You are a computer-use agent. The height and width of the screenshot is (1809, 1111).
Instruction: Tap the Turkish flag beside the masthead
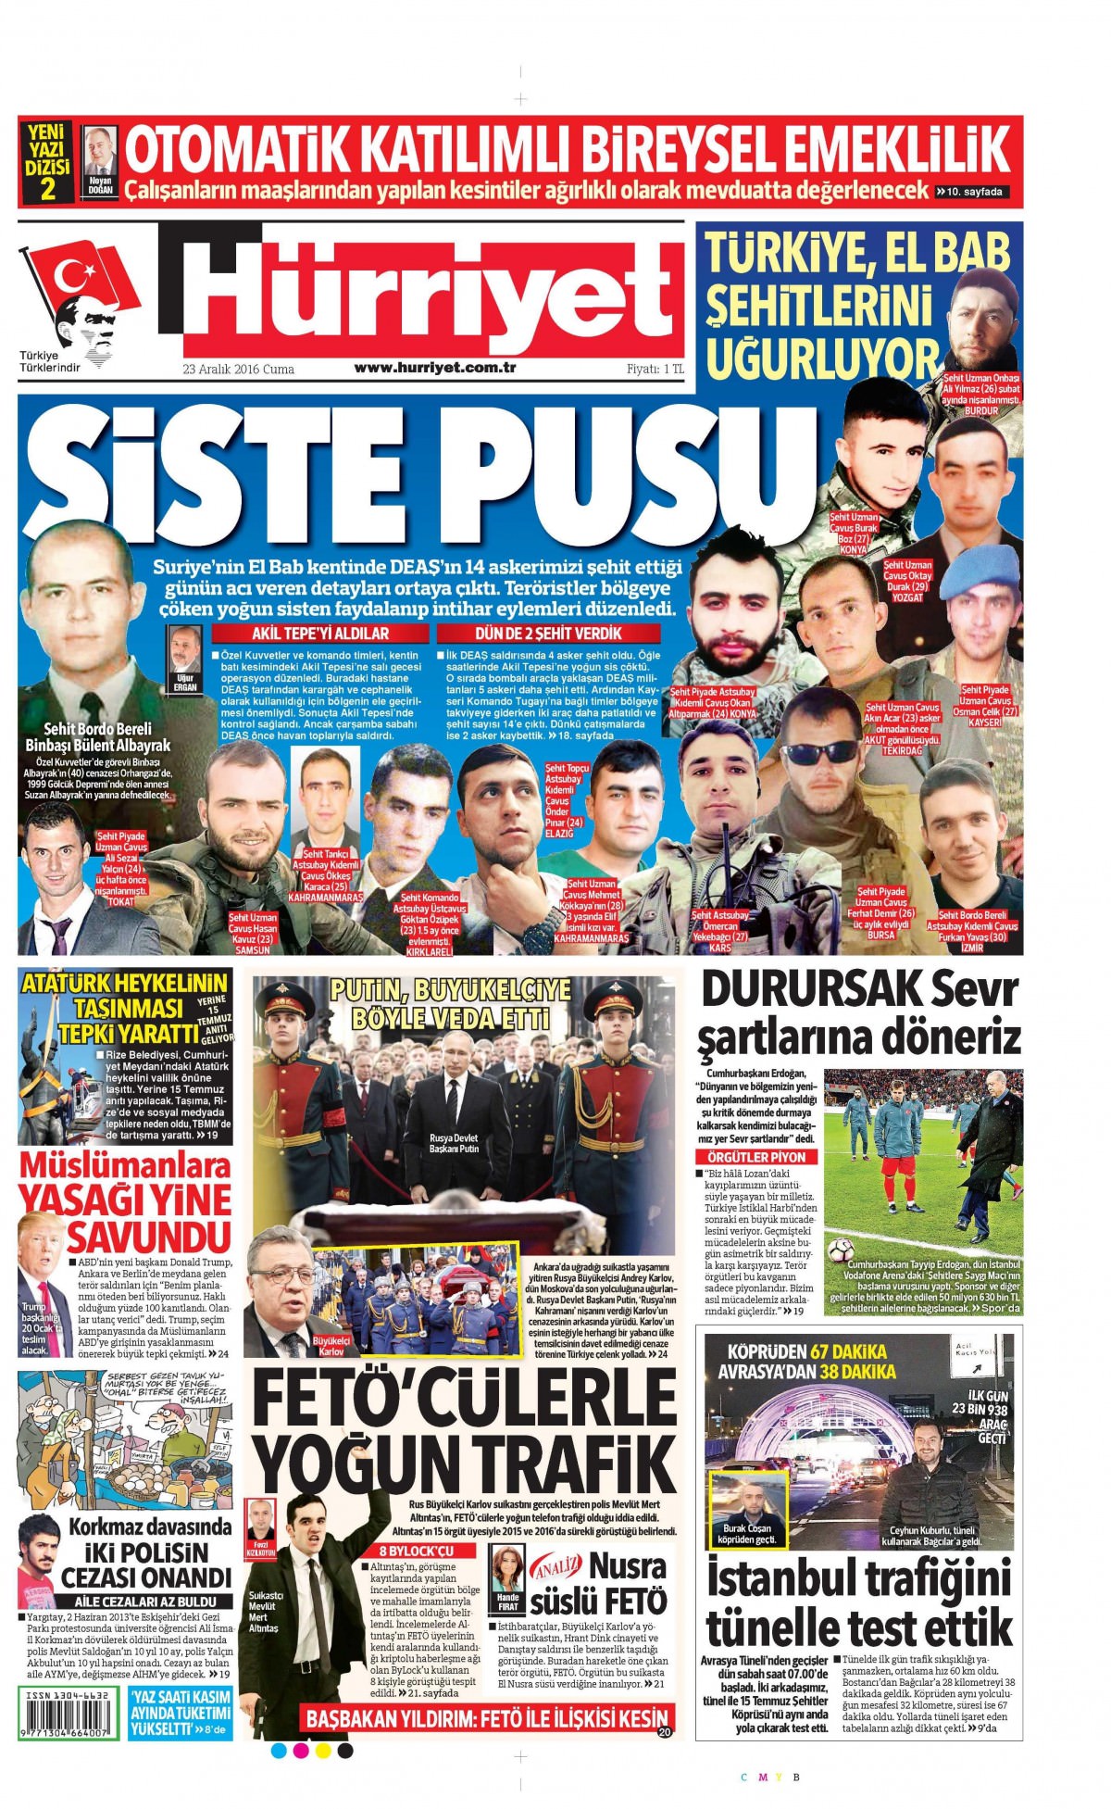coord(84,278)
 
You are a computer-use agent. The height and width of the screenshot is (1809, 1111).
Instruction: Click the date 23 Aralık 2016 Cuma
coord(239,369)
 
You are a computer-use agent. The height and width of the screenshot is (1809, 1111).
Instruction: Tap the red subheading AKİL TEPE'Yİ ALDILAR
coord(321,634)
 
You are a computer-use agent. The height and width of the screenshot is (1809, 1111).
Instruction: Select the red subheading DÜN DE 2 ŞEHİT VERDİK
coord(548,634)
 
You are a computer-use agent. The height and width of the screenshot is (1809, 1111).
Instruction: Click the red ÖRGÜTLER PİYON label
coord(755,1157)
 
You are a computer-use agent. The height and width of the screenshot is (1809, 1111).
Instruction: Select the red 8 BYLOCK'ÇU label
coord(415,1551)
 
